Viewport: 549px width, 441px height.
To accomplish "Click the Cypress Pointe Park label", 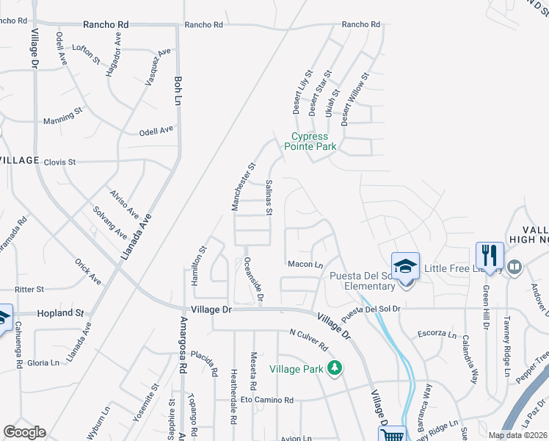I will [x=313, y=141].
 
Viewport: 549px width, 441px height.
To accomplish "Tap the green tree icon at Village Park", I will [x=335, y=367].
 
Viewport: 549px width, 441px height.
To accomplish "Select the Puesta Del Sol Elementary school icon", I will [x=404, y=267].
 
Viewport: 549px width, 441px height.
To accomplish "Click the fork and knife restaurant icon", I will [x=490, y=257].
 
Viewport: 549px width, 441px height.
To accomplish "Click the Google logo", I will [x=24, y=432].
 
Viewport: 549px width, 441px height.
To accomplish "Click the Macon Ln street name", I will [x=305, y=265].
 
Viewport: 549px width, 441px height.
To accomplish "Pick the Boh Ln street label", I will [x=177, y=90].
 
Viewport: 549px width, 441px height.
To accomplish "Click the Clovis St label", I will [x=59, y=162].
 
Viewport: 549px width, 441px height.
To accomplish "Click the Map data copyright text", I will [x=517, y=435].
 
